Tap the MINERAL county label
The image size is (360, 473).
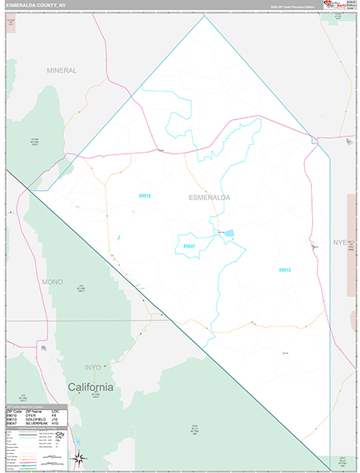pos(61,70)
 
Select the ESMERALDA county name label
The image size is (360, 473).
pos(210,197)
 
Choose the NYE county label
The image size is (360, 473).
pos(340,242)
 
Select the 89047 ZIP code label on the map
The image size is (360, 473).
pos(190,246)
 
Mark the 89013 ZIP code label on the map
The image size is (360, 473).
pos(284,270)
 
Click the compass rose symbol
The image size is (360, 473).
pos(78,458)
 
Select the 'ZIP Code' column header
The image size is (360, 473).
pos(13,410)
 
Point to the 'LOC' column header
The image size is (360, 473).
pos(55,410)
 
